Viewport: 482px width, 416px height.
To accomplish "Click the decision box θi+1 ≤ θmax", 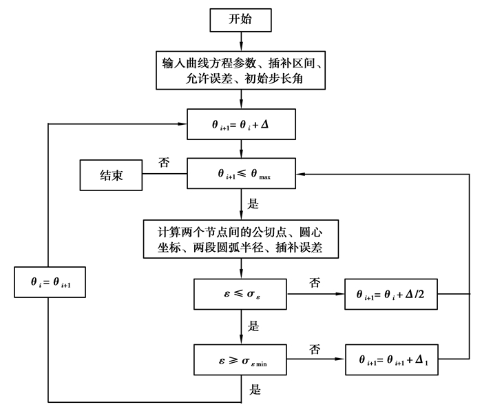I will pos(241,175).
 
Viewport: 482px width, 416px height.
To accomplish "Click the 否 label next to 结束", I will pos(165,163).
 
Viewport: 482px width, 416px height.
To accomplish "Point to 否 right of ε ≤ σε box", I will pos(315,283).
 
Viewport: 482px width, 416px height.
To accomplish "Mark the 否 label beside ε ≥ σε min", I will pos(315,349).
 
